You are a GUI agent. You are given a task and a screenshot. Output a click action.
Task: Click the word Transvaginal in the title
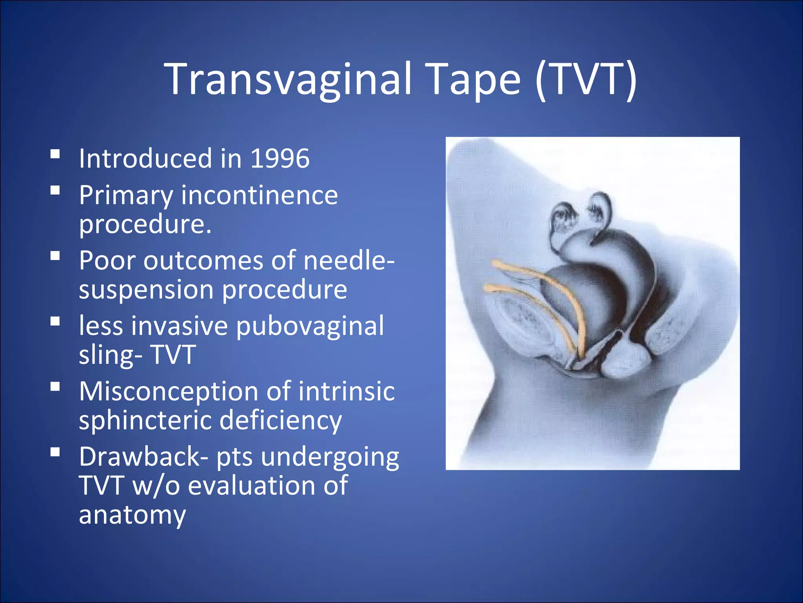[289, 80]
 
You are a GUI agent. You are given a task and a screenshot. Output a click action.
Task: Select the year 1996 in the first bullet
[280, 159]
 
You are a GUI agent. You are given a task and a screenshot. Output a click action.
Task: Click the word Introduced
[145, 159]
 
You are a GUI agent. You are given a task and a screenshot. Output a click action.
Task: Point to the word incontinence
[259, 195]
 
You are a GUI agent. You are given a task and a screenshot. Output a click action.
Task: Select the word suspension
[146, 290]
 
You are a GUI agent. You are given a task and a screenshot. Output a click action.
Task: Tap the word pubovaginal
[310, 326]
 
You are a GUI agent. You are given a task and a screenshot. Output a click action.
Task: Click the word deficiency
[280, 420]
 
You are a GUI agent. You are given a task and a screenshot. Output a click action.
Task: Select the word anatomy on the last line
[132, 515]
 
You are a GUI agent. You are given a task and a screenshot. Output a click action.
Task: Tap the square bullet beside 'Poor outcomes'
[55, 256]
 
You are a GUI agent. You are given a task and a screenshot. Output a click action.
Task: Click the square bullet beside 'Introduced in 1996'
[55, 153]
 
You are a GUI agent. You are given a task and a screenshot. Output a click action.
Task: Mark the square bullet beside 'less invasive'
[55, 322]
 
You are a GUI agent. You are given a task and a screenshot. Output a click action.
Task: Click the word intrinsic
[346, 391]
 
